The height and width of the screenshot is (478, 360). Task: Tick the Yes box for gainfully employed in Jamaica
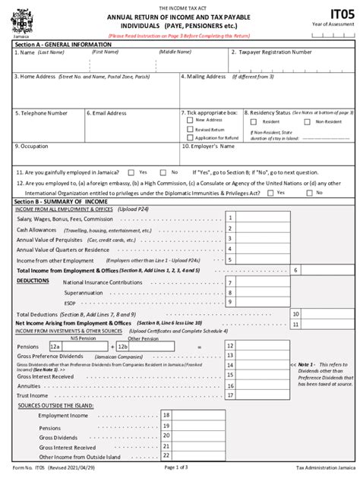point(131,171)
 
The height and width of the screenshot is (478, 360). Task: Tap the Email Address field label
point(109,112)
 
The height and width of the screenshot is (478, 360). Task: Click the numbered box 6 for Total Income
point(295,269)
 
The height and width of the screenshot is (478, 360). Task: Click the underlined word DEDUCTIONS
point(33,280)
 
